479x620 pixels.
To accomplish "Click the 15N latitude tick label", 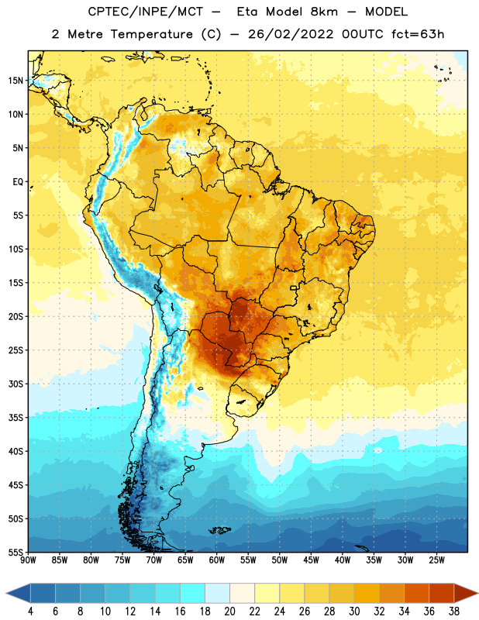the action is click(15, 81).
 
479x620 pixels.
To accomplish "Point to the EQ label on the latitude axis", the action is click(18, 182).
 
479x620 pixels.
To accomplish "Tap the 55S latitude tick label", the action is click(15, 552).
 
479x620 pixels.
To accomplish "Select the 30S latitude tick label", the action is click(15, 384).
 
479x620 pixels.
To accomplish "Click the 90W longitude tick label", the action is click(28, 560).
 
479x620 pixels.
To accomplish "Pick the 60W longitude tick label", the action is click(216, 560).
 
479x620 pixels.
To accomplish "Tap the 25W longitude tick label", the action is click(436, 560).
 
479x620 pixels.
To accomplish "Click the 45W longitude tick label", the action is click(311, 560).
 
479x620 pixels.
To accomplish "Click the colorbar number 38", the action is click(454, 611).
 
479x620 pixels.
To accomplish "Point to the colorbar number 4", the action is click(30, 611).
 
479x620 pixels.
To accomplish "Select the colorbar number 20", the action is click(229, 611).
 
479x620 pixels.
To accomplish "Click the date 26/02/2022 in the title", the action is click(291, 34).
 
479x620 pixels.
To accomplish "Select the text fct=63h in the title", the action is click(418, 34).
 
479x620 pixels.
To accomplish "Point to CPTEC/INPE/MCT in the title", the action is click(146, 12).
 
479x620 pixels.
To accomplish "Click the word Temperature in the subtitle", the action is click(151, 34).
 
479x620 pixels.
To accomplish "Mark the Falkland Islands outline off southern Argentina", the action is click(220, 530).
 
